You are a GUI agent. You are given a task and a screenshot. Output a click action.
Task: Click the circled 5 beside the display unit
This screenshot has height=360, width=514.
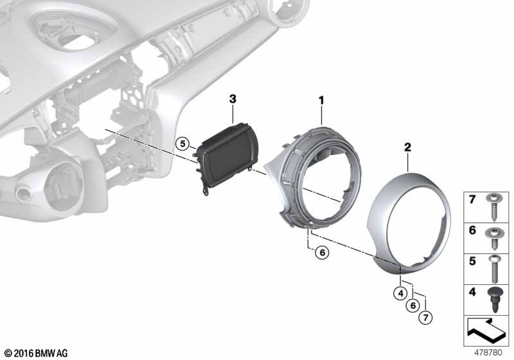pos(182,145)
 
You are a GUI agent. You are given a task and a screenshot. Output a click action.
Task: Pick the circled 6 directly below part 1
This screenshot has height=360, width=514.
pos(323,253)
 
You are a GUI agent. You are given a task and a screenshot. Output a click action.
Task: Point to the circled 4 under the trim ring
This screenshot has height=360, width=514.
pos(400,295)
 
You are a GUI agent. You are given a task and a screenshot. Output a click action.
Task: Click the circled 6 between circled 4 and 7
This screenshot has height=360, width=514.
pos(412,306)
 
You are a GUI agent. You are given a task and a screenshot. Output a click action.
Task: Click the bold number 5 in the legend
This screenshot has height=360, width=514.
pos(474,262)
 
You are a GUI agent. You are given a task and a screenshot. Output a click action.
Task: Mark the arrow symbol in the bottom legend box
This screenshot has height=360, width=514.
pos(487,332)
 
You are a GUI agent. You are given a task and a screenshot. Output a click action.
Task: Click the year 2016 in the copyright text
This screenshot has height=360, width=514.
pos(23,353)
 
